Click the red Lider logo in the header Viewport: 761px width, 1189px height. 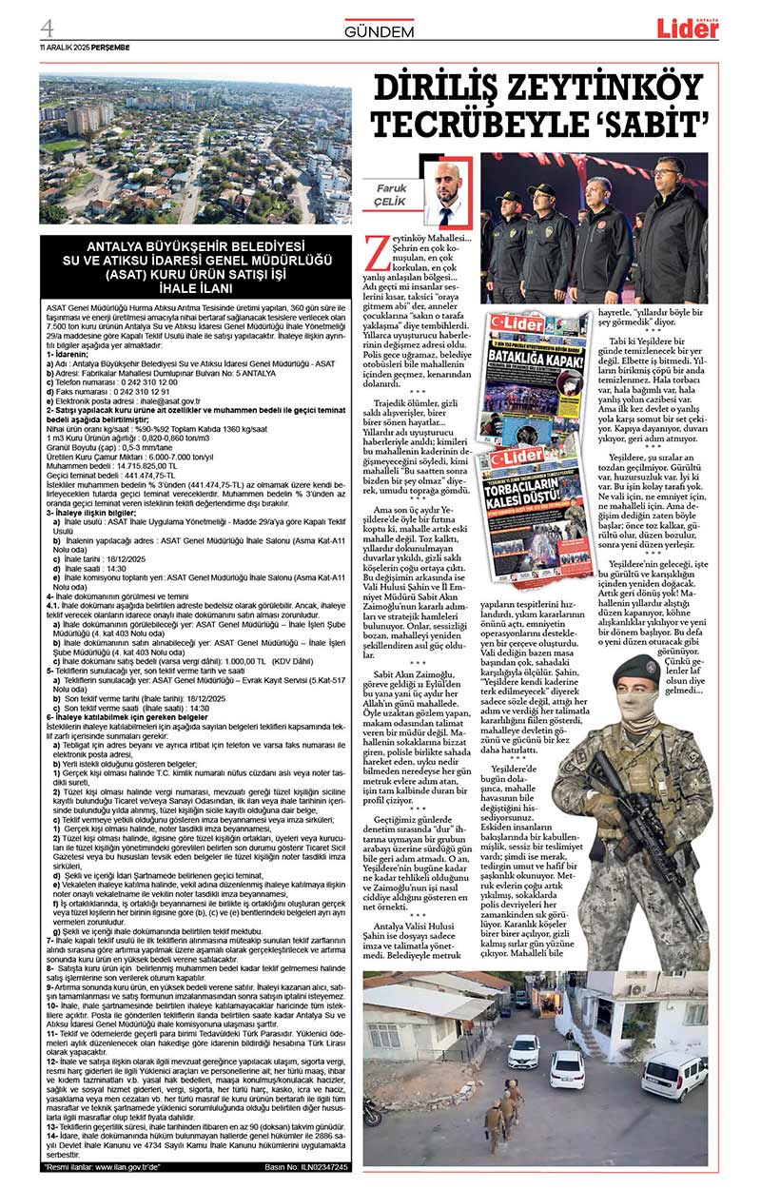pyautogui.click(x=687, y=29)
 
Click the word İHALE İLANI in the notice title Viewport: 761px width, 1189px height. pyautogui.click(x=194, y=286)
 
